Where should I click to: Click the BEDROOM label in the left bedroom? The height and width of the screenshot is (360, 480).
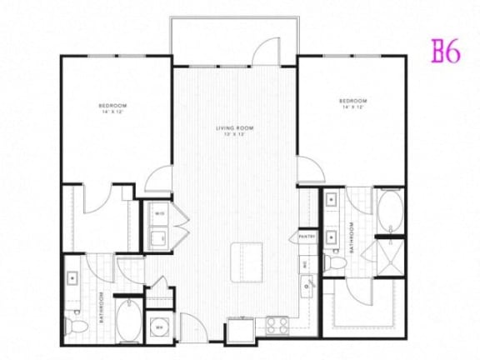(x=112, y=107)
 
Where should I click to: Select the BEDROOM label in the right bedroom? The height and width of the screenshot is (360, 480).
(x=352, y=102)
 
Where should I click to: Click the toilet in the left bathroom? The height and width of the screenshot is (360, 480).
(x=77, y=322)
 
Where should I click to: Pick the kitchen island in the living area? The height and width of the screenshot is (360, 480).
(x=246, y=255)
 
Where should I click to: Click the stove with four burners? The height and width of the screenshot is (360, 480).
(x=275, y=324)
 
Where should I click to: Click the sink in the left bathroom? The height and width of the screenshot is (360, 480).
(x=73, y=278)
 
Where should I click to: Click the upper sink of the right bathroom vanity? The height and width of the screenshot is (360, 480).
(x=332, y=201)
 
